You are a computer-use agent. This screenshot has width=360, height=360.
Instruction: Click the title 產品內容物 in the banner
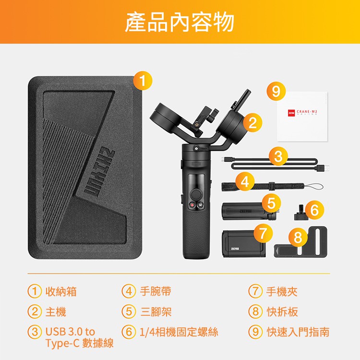pos(180,22)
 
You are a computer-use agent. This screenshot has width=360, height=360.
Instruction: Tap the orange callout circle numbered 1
pos(143,81)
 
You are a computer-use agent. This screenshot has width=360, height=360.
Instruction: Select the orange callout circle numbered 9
pos(276,91)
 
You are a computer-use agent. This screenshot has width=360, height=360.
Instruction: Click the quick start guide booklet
pos(302,117)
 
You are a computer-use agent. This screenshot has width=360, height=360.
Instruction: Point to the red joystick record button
pos(192,205)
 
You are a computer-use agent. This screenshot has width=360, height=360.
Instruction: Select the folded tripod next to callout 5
pos(249,211)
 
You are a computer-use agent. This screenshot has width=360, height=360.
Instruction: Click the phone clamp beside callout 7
pos(243,244)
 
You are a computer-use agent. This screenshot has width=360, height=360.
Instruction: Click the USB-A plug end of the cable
pos(324,168)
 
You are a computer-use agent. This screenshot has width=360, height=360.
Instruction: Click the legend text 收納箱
pos(61,291)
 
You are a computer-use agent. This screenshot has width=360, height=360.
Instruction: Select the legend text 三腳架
pos(156,312)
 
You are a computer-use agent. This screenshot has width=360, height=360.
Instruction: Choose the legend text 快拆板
pos(282,312)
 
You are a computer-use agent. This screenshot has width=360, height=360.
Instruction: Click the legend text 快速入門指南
pos(298,332)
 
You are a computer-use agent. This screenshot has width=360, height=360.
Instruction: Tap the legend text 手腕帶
pos(156,291)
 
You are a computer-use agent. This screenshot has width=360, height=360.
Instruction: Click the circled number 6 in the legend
pos(129,332)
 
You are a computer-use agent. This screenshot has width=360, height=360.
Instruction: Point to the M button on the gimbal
pos(201,205)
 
